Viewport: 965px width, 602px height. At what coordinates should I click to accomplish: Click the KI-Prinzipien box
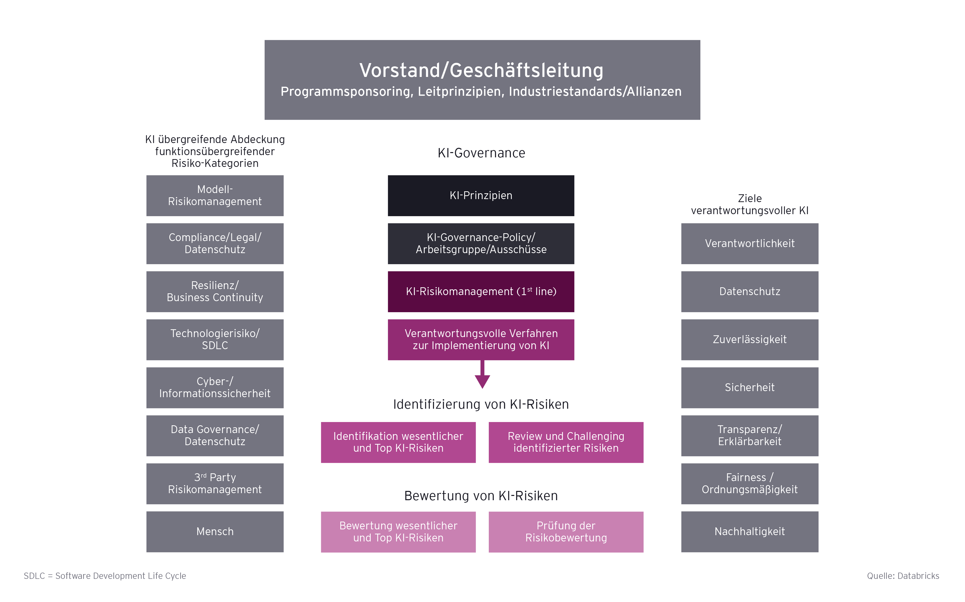[481, 196]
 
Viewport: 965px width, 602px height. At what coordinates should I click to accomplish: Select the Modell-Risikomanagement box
[215, 196]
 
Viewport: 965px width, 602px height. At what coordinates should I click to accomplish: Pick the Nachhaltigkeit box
[749, 532]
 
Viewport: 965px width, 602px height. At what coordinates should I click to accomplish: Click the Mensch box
[215, 532]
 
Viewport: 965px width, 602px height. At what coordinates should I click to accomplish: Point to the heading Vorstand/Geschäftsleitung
[481, 70]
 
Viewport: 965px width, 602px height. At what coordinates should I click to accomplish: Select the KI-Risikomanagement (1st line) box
[481, 291]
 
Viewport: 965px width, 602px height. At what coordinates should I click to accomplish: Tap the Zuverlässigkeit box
[749, 340]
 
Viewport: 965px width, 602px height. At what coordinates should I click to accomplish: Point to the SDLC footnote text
[105, 576]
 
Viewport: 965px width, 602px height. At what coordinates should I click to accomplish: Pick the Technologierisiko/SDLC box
[215, 340]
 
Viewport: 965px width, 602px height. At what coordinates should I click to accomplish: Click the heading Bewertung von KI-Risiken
[481, 496]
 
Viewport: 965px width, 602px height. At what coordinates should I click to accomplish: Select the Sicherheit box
[749, 387]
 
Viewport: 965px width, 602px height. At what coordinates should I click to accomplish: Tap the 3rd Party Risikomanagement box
[215, 483]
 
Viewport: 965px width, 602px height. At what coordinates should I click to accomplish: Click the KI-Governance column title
[481, 153]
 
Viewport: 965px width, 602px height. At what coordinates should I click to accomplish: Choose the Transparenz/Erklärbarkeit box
[749, 436]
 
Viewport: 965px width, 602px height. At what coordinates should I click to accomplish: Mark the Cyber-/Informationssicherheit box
[215, 387]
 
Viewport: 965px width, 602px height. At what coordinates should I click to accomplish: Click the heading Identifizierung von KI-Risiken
[481, 404]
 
